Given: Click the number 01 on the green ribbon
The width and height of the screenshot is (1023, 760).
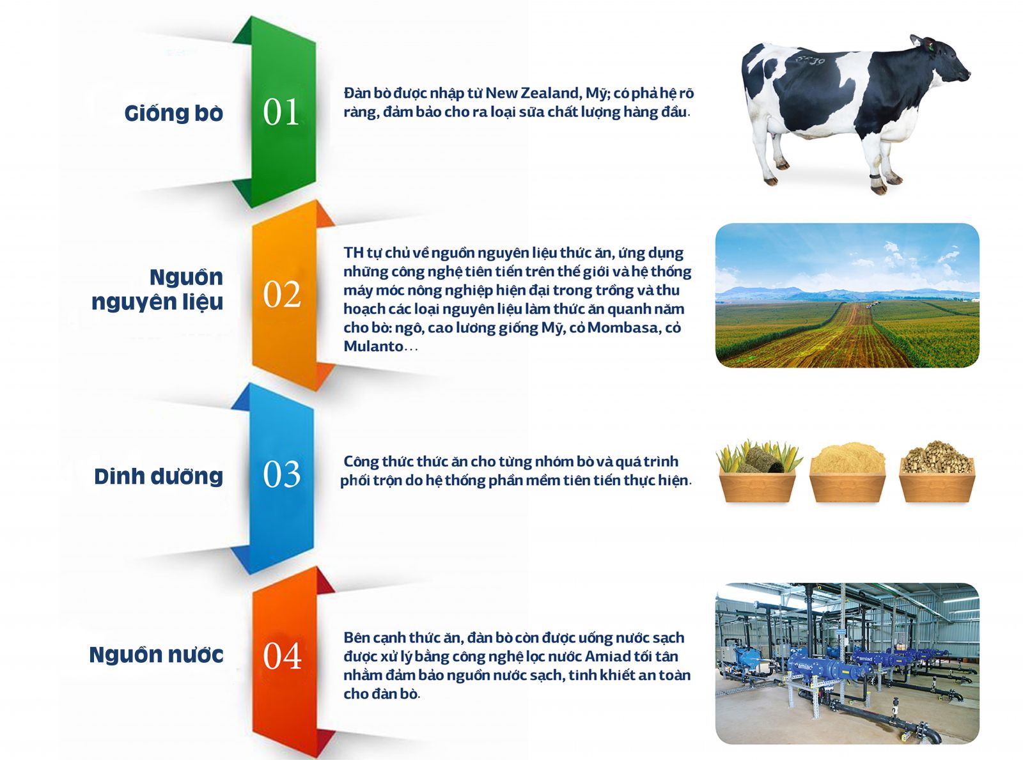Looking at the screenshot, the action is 281,112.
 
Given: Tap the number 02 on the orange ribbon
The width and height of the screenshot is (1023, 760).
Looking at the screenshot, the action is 282,294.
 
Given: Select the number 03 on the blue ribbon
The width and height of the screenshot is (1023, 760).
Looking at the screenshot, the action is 282,474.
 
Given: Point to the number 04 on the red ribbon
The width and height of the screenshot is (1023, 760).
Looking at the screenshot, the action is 282,656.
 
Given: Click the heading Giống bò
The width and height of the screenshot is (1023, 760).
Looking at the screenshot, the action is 173,113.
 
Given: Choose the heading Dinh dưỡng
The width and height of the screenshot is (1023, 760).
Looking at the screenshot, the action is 159,476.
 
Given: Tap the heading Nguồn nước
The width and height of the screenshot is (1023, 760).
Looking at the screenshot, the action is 157,655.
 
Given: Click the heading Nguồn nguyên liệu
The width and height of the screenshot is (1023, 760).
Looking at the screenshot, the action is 157,290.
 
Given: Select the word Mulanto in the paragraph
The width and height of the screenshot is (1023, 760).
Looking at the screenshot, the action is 373,346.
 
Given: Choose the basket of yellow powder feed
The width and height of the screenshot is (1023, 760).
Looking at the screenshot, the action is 848,472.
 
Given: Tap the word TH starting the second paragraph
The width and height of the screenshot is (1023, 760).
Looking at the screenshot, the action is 354,252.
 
